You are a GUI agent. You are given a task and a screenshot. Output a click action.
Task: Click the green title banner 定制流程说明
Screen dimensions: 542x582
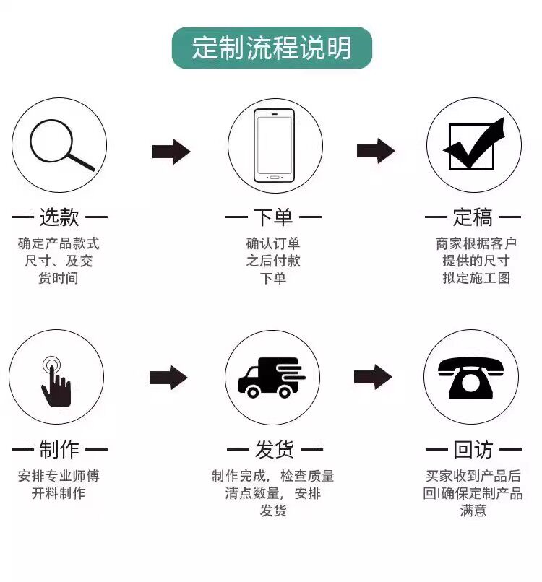coord(272,48)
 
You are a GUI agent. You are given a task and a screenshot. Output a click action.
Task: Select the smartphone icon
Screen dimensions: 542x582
coord(274,145)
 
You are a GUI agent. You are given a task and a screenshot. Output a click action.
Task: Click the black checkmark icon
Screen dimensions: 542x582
coord(473,144)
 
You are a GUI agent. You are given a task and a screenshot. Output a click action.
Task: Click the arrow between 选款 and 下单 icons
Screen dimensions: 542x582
coord(171,152)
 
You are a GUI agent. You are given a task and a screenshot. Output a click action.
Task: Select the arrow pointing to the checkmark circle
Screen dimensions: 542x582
coord(375,151)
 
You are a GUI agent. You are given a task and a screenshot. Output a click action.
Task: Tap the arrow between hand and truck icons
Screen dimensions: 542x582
coord(168,377)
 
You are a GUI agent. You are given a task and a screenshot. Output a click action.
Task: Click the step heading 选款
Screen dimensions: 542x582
coord(59,217)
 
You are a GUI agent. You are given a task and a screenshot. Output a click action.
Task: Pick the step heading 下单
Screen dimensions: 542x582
coord(273,217)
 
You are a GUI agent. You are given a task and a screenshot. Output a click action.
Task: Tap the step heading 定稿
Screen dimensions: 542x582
coord(473,217)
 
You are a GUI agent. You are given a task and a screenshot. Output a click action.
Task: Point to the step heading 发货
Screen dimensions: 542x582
coord(274,451)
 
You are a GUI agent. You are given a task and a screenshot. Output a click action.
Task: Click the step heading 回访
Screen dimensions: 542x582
coord(473,451)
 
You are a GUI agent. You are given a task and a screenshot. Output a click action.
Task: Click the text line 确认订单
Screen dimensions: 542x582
coord(273,243)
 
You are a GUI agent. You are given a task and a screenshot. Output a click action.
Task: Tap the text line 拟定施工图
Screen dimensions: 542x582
coord(476,278)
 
